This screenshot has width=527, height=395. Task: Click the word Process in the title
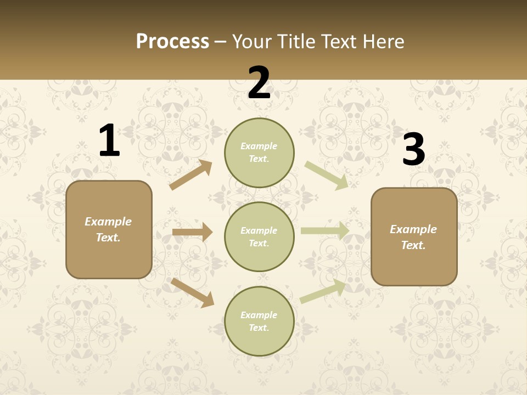(172, 41)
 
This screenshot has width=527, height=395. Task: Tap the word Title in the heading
(295, 41)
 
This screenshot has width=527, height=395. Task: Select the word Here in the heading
(383, 41)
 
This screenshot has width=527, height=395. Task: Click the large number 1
(109, 141)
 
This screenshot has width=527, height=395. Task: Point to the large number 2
(259, 83)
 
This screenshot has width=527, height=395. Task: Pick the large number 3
(413, 149)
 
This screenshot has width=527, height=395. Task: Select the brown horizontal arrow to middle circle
(192, 232)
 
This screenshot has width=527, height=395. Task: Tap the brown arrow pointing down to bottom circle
(192, 292)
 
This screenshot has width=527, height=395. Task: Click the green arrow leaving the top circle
(326, 176)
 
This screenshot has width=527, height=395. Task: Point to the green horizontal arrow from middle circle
(325, 230)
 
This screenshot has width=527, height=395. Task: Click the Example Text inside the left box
(108, 229)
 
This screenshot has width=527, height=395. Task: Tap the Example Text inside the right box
(413, 237)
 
